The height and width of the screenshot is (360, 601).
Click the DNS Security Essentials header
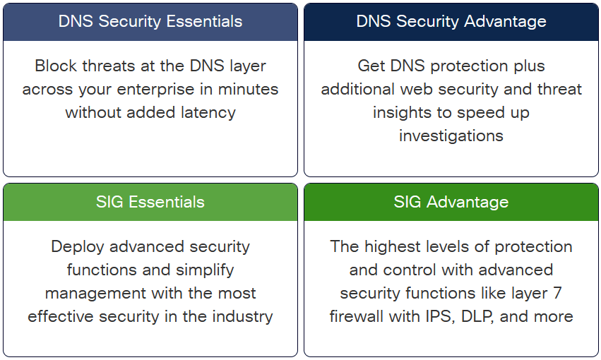tap(150, 21)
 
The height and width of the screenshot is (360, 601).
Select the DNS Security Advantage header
tap(451, 21)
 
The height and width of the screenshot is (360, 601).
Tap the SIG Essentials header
tap(150, 202)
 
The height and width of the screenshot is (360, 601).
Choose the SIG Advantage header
tap(451, 202)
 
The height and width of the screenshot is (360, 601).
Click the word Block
tap(54, 66)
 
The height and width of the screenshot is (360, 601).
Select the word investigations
tap(451, 136)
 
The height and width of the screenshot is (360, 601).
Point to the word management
tap(88, 293)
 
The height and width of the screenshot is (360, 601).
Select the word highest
tap(392, 247)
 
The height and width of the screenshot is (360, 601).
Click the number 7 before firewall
tap(557, 293)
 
